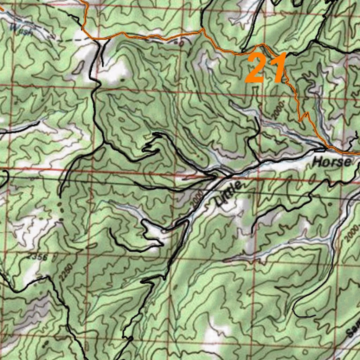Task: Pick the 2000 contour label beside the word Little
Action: tap(195, 199)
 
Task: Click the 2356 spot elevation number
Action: tap(38, 257)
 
